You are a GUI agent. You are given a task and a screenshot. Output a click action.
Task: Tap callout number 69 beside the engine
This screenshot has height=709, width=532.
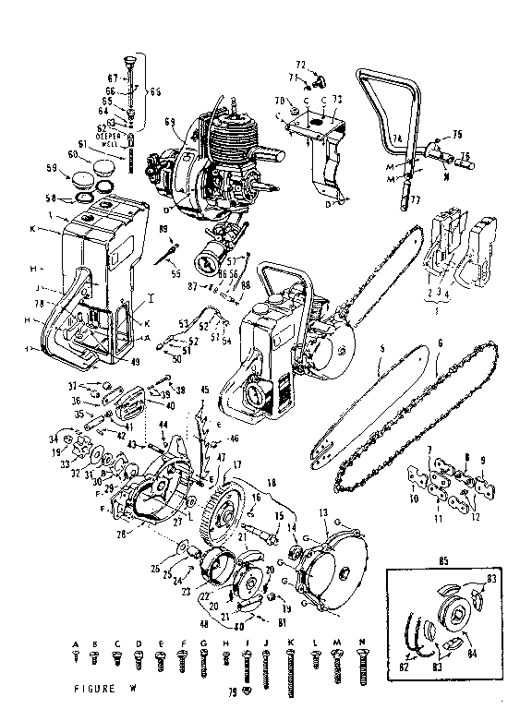[x=169, y=122]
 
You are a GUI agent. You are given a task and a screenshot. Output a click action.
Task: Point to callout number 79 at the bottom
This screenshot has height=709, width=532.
[x=235, y=691]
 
